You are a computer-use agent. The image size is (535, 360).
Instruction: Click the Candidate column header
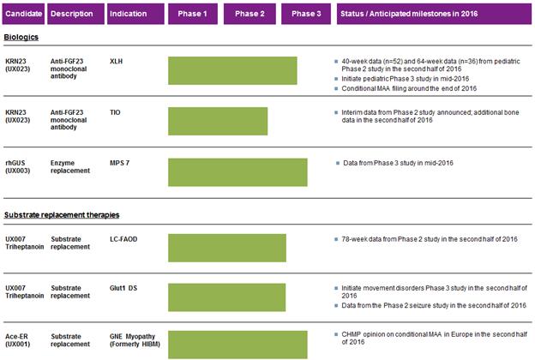point(22,15)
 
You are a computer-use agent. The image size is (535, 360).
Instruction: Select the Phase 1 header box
point(191,15)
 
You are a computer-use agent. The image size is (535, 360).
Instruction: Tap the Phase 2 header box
point(249,15)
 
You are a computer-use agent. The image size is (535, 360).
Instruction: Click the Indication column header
point(134,15)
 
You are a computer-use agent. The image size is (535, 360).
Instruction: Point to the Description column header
point(75,15)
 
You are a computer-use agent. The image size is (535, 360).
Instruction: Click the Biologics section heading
point(21,38)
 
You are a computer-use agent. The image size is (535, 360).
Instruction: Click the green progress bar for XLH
point(231,70)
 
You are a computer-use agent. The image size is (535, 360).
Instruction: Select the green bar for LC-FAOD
point(226,248)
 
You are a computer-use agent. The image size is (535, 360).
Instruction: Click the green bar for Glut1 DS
point(226,297)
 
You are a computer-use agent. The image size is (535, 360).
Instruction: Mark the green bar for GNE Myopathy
point(237,344)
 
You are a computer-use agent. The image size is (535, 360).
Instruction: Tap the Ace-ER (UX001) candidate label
point(20,339)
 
